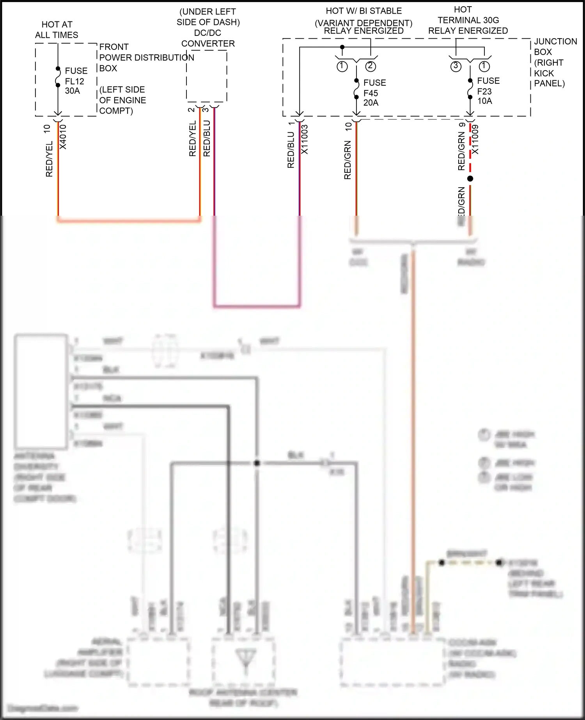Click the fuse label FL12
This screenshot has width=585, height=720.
[74, 81]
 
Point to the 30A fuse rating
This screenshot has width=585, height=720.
[73, 91]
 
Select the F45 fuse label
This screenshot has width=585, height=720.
[370, 93]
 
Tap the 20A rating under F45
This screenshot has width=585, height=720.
[371, 103]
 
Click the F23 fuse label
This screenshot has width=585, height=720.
[484, 91]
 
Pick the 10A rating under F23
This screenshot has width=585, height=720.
[485, 101]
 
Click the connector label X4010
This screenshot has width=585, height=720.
[63, 137]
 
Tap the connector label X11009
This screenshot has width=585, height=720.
[475, 139]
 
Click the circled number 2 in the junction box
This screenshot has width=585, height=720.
[370, 66]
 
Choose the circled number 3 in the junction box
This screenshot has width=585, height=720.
[456, 66]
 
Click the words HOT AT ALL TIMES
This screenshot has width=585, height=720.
[57, 30]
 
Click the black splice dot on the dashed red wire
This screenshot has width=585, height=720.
[470, 179]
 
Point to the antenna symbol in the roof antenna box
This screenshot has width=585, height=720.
[245, 660]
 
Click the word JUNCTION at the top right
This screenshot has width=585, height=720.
[555, 41]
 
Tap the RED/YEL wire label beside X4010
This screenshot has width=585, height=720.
[49, 159]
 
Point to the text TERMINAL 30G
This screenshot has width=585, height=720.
[468, 20]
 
